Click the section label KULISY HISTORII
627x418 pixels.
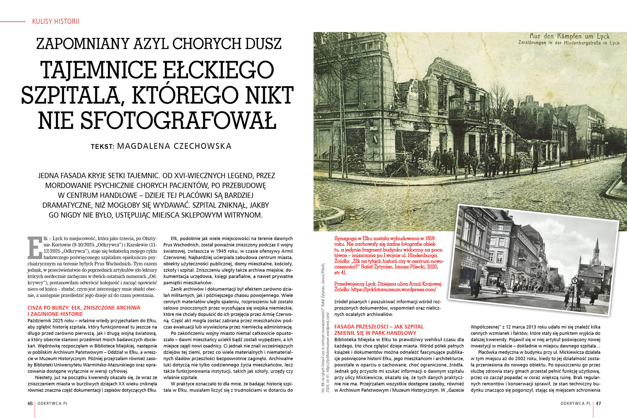56,22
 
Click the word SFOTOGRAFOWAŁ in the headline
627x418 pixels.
157,120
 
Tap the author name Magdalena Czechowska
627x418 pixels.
174,146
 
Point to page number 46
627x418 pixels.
30,403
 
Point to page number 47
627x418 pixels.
598,403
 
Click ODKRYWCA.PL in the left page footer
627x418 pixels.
53,403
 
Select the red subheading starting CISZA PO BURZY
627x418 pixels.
84,311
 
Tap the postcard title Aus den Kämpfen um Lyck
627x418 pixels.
569,36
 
